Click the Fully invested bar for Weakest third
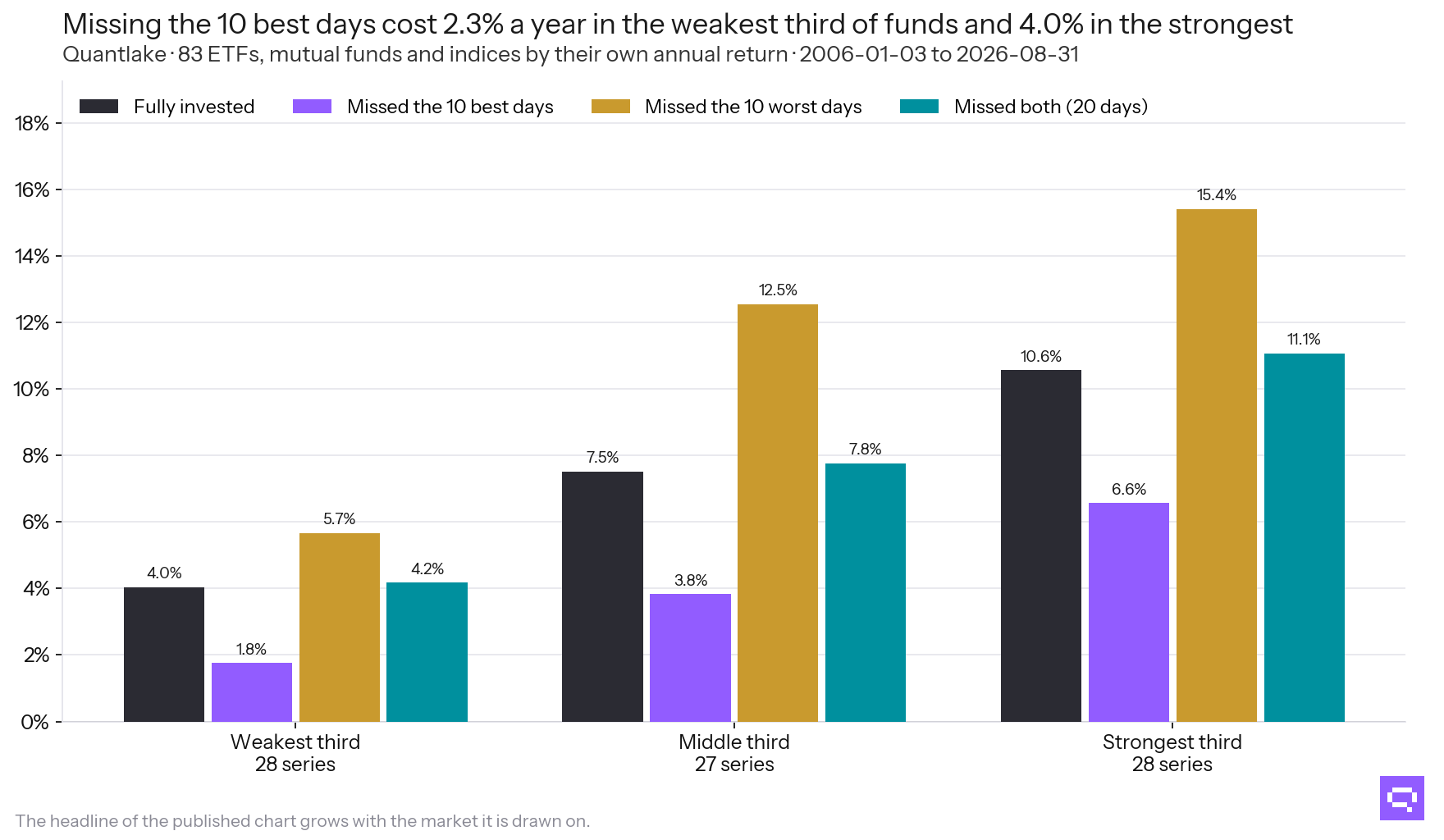click(x=164, y=655)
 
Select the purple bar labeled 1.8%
click(x=252, y=692)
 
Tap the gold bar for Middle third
click(x=778, y=514)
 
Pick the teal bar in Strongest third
click(x=1305, y=537)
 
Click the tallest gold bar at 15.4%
click(x=1217, y=465)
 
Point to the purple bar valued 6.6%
click(x=1129, y=612)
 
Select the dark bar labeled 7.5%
click(x=602, y=596)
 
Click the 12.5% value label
click(x=778, y=290)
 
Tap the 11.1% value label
click(x=1304, y=339)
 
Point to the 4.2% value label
click(x=427, y=568)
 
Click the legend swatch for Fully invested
click(x=99, y=107)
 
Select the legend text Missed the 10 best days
click(x=450, y=107)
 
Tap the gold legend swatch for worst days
click(x=610, y=107)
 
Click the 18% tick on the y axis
click(x=32, y=123)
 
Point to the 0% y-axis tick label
click(x=35, y=722)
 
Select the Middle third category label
click(x=734, y=742)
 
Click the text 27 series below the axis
click(x=734, y=764)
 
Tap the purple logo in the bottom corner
click(x=1402, y=798)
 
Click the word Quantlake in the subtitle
click(x=114, y=54)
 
